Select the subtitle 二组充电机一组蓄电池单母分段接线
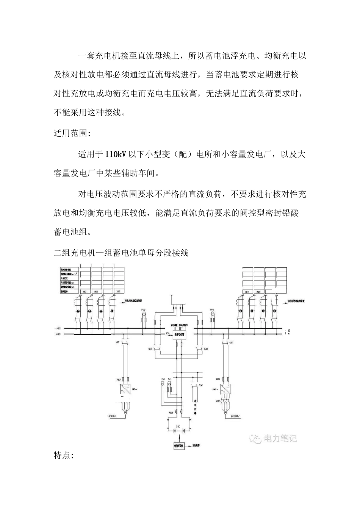coord(121,253)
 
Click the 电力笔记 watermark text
coord(280,439)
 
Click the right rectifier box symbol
coord(227,389)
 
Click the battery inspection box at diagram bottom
coord(179,446)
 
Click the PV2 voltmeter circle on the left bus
coord(144,314)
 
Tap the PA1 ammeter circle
coord(163,383)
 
